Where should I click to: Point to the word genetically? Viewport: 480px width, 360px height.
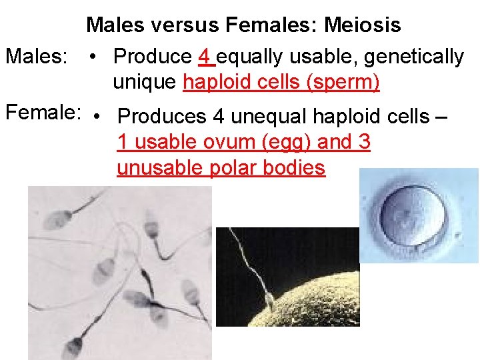click(x=411, y=57)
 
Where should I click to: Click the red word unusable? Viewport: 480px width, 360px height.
click(x=160, y=168)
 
